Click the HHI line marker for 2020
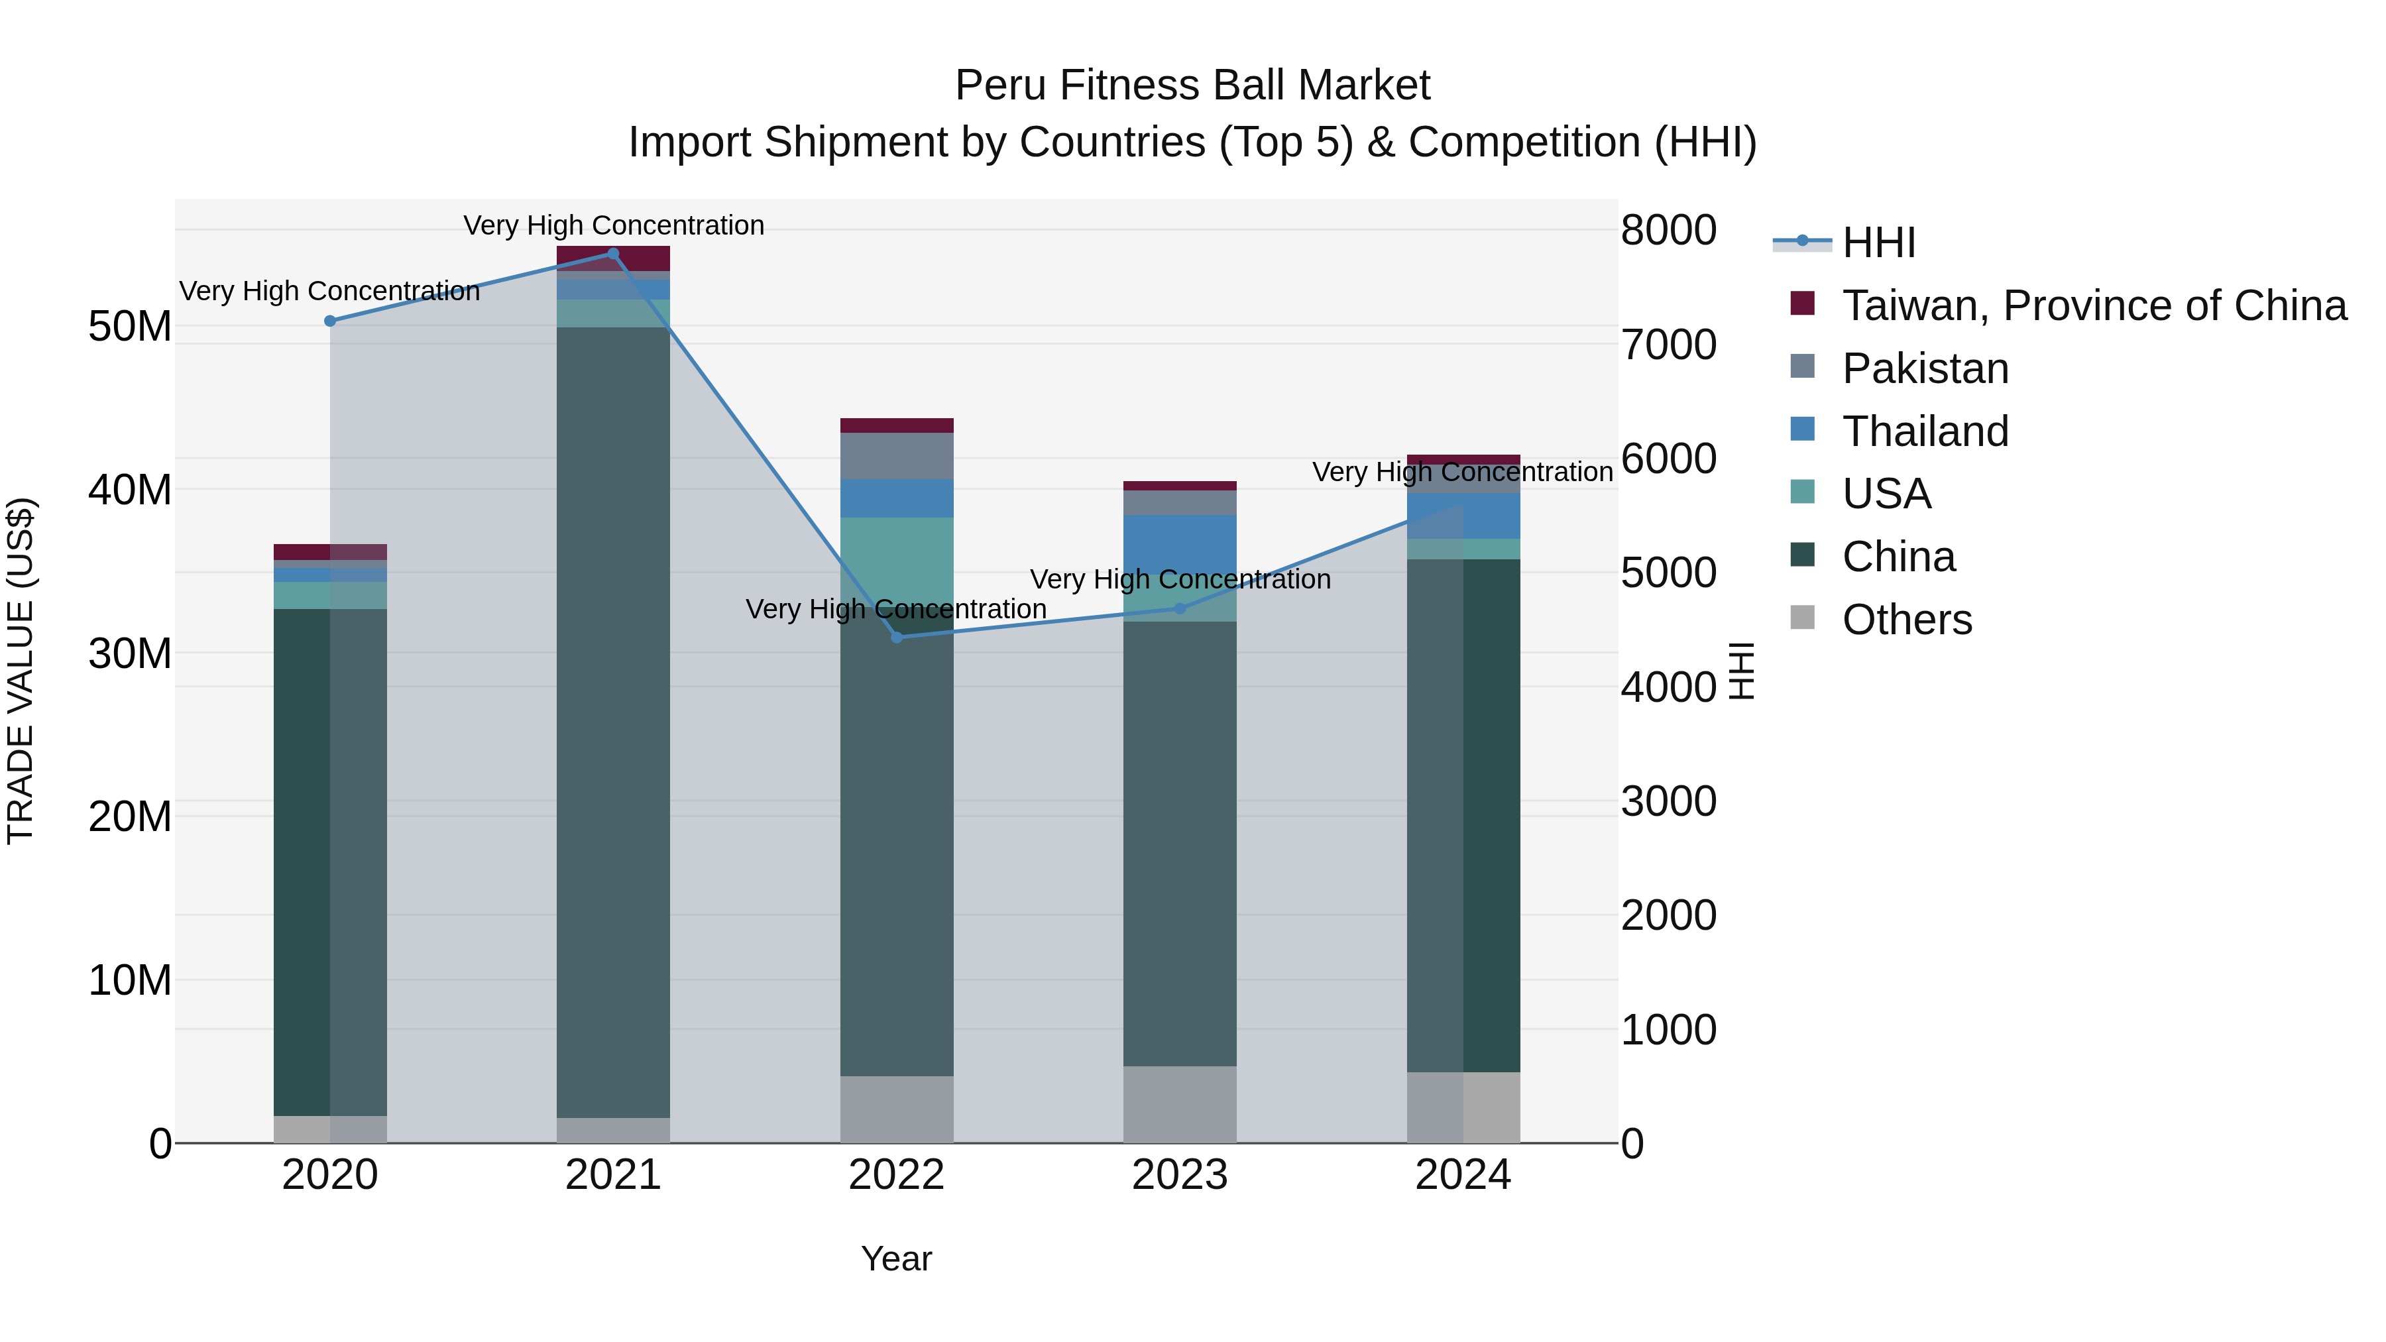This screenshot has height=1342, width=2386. pyautogui.click(x=330, y=321)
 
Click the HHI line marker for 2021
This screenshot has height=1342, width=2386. pyautogui.click(x=613, y=254)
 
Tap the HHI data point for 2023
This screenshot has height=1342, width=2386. pyautogui.click(x=1180, y=608)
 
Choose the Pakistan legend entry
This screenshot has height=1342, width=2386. pyautogui.click(x=1925, y=368)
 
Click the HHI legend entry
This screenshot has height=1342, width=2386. pyautogui.click(x=1878, y=243)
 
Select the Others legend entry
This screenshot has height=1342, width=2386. pyautogui.click(x=1906, y=620)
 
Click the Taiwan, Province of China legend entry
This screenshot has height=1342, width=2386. pyautogui.click(x=2093, y=306)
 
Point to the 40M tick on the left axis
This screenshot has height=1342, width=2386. pyautogui.click(x=130, y=490)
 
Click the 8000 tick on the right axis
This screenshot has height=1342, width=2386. pyautogui.click(x=1668, y=230)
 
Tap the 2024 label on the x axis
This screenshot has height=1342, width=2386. pyautogui.click(x=1463, y=1175)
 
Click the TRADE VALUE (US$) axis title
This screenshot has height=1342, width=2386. pyautogui.click(x=21, y=671)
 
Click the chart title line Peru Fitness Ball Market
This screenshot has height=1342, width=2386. pyautogui.click(x=1192, y=85)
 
